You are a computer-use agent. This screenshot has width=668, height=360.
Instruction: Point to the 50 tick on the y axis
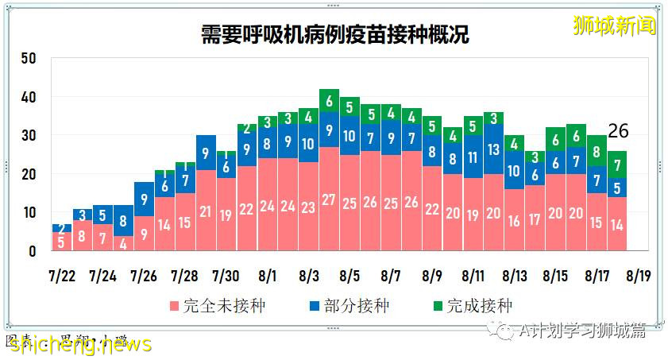[29, 59]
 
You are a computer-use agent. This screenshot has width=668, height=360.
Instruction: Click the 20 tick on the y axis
[29, 174]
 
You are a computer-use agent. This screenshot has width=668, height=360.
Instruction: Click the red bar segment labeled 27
[329, 199]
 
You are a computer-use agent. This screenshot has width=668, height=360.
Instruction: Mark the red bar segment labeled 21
[206, 211]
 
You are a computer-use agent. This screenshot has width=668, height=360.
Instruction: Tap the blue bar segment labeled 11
[473, 157]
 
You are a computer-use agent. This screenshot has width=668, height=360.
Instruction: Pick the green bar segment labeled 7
[618, 165]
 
